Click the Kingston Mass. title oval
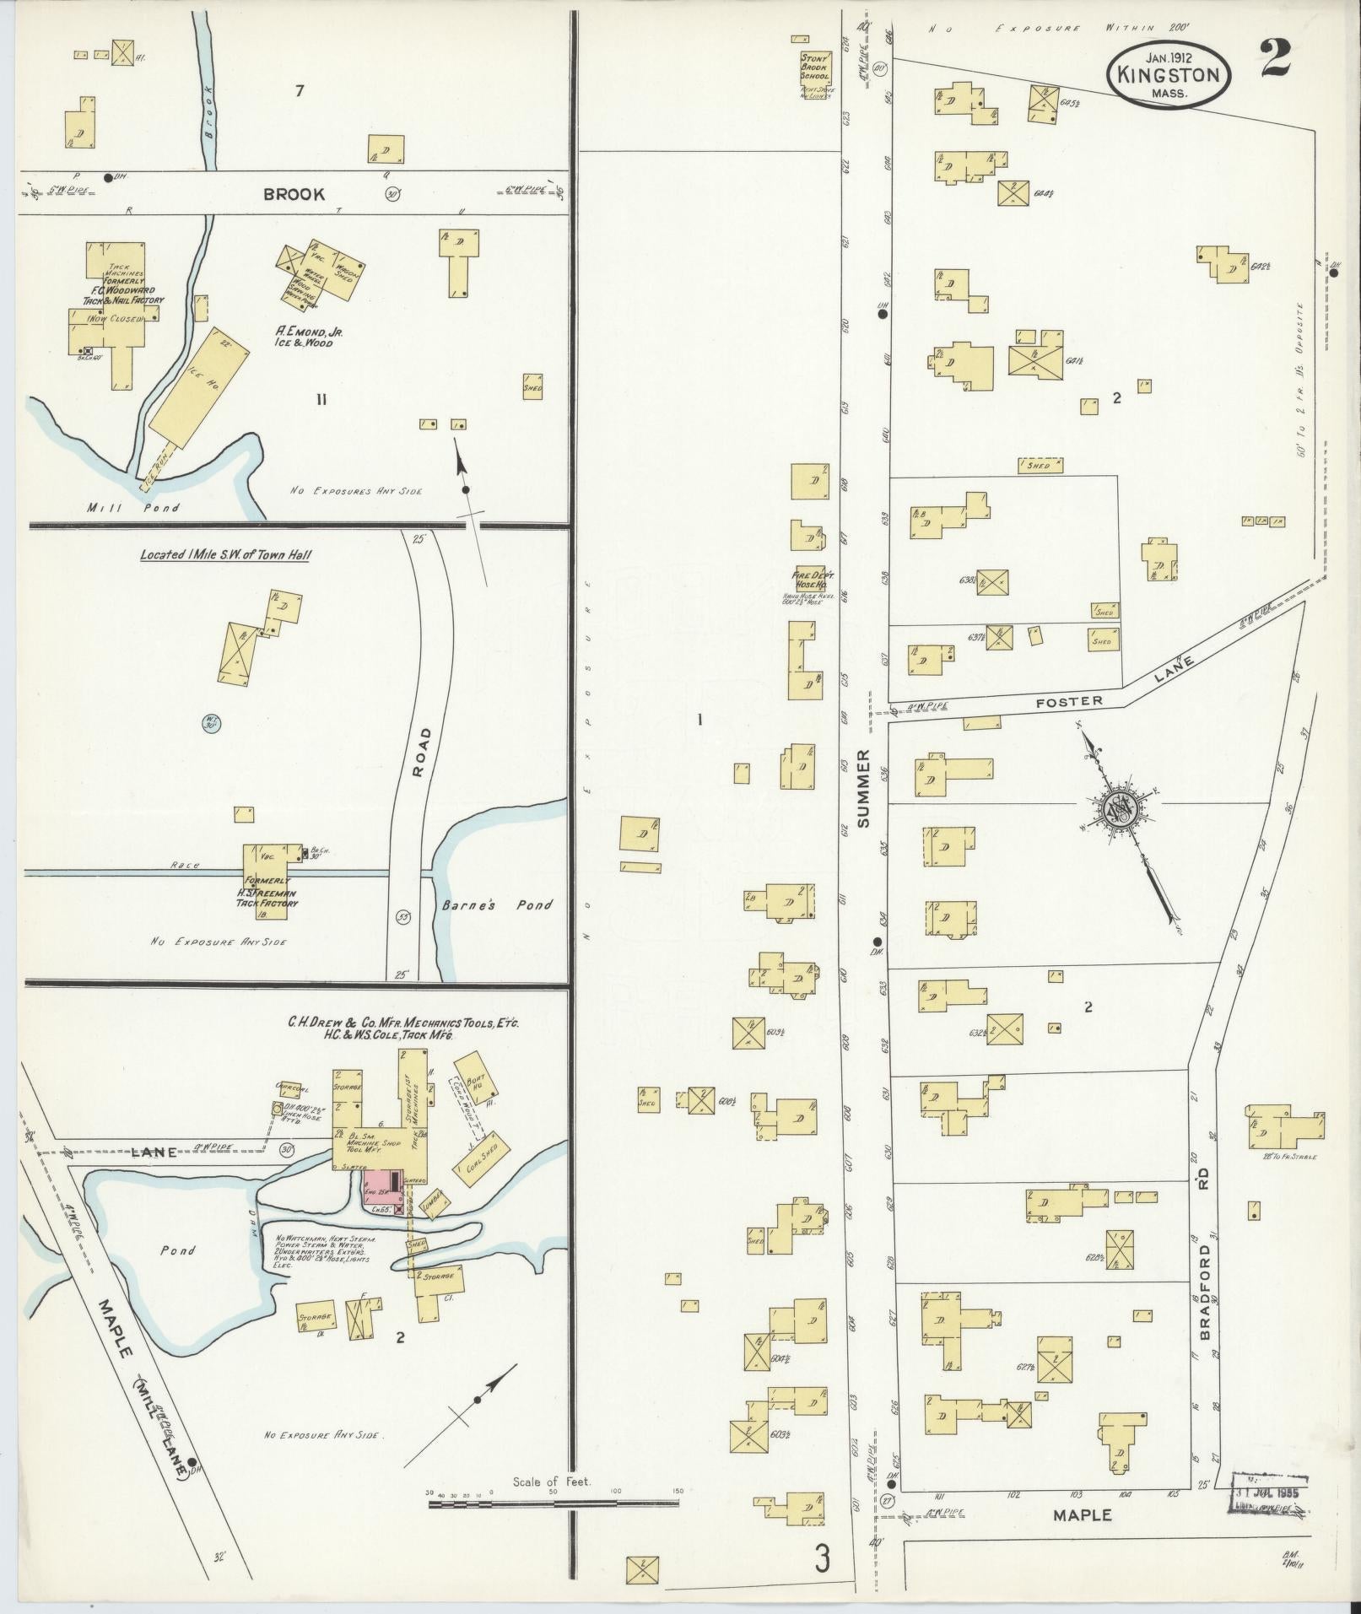(1168, 75)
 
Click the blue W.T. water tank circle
(210, 723)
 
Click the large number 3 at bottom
(823, 1559)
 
